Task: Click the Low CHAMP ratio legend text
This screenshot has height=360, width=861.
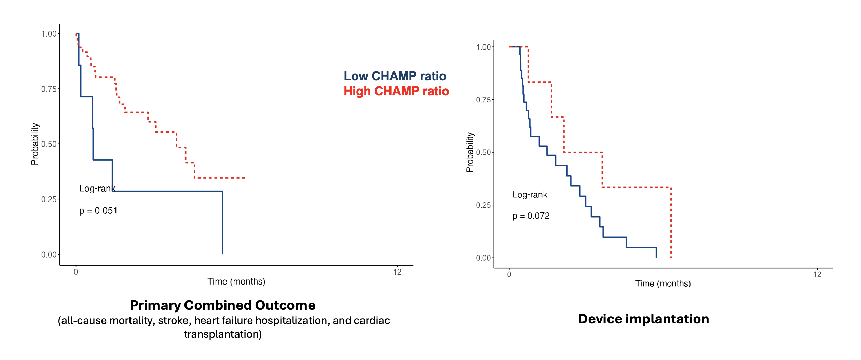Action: pos(395,76)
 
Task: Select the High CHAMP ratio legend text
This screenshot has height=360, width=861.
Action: pos(396,91)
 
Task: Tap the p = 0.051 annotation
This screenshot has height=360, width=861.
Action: pos(98,211)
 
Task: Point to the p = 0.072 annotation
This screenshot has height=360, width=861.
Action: pos(531,216)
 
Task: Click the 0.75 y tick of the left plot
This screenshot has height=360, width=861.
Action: pos(49,89)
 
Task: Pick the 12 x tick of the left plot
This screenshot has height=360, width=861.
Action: pos(397,272)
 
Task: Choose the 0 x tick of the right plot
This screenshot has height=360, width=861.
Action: pos(509,275)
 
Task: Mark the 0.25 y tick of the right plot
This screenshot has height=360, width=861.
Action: pos(483,205)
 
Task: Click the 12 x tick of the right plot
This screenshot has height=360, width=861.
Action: pos(817,275)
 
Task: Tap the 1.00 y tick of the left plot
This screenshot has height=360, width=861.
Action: pos(49,34)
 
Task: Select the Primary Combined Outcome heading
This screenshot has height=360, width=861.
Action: pos(223,305)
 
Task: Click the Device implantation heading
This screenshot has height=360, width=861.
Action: pos(643,319)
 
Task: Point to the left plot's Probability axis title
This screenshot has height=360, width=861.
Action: pos(35,144)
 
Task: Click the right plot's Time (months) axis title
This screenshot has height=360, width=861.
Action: pos(663,283)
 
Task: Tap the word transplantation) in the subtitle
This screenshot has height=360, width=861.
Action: pos(223,334)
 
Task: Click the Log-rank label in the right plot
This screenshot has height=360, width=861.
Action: pos(530,195)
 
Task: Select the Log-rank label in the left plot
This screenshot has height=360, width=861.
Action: pos(97,189)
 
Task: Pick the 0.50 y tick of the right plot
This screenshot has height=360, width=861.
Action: pos(483,152)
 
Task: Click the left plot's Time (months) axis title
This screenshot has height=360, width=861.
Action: pos(236,281)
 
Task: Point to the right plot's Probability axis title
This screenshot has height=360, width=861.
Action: pos(470,152)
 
